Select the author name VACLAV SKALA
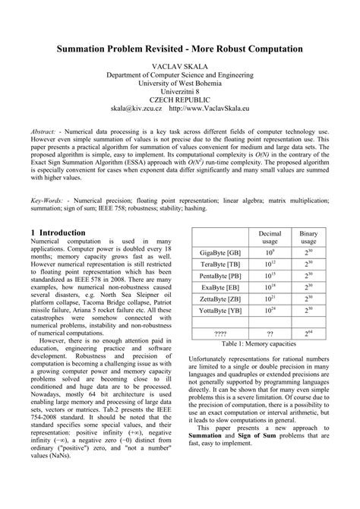[180, 68]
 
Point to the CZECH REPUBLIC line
[180, 98]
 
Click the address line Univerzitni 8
[180, 88]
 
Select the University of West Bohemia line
[180, 78]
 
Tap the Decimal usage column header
[270, 236]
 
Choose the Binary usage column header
[308, 236]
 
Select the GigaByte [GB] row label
[219, 251]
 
